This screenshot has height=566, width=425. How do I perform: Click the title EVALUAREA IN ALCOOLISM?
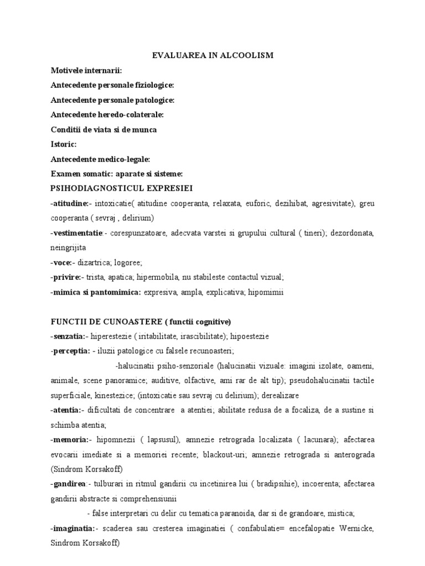[212, 56]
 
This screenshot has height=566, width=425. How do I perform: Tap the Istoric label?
[64, 144]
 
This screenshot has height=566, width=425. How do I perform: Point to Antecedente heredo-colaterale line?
[107, 114]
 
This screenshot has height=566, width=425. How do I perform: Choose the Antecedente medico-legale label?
[100, 159]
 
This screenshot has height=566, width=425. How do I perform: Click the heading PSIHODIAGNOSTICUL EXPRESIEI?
[121, 188]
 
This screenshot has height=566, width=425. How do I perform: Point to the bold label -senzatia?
[68, 336]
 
